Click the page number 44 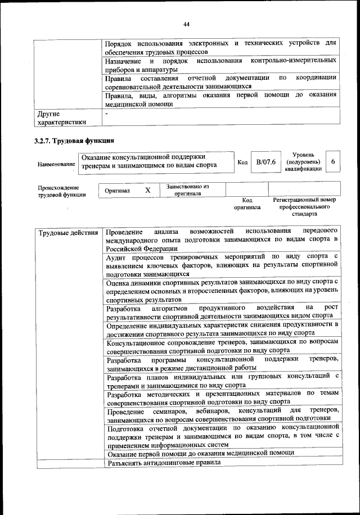click(187, 24)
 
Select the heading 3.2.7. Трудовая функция click(74, 141)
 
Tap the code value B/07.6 click(265, 162)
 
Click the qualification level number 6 click(333, 162)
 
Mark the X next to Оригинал click(148, 191)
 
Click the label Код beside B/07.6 click(242, 162)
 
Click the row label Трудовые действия click(68, 232)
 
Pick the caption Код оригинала click(247, 204)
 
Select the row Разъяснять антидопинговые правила click(164, 463)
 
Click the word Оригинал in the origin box click(118, 191)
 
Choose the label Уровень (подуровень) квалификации click(304, 161)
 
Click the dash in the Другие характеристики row click(107, 114)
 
